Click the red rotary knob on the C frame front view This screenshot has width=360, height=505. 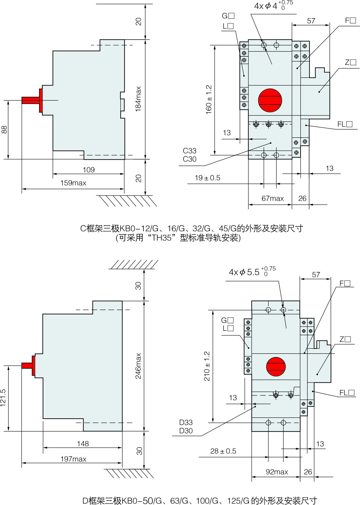coord(270,100)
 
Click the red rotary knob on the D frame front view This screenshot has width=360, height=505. coord(276,366)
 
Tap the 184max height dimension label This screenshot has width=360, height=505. coord(139,99)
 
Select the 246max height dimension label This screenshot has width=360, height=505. coord(139,366)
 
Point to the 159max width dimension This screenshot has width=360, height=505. coord(73,183)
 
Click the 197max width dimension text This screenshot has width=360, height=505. coord(73,459)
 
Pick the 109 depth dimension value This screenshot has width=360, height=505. coord(88,170)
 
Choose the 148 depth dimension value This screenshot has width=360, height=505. coord(83,444)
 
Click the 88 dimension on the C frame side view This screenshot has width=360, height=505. coord(4,130)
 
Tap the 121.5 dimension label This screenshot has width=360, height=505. coord(3,398)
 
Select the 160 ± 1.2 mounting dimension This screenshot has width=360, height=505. coord(209,100)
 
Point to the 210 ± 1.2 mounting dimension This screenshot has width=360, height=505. coord(207,366)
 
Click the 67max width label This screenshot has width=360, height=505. coord(272,199)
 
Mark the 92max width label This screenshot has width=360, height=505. coord(277,472)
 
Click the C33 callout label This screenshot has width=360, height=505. coord(189,151)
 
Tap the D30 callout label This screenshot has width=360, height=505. coord(186,431)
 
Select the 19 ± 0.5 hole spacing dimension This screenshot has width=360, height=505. coord(207,178)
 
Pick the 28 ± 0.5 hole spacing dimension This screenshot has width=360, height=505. coord(223,451)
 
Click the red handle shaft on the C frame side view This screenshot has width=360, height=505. coord(31,100)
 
